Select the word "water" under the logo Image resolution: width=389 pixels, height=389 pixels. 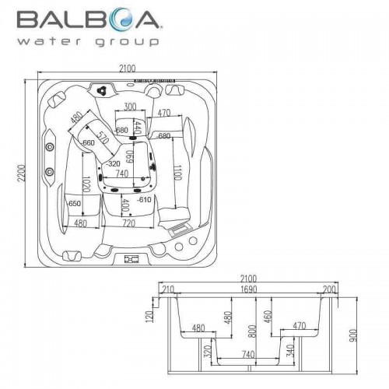pyautogui.click(x=49, y=42)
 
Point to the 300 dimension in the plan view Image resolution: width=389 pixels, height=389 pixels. pyautogui.click(x=130, y=107)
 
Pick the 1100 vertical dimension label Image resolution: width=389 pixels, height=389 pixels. pyautogui.click(x=178, y=173)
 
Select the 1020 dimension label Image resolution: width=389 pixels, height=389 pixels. pyautogui.click(x=86, y=184)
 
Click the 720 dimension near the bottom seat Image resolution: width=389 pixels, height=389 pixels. pyautogui.click(x=129, y=223)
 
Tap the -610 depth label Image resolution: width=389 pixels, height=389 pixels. pyautogui.click(x=144, y=200)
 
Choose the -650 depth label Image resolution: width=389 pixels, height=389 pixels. pyautogui.click(x=74, y=204)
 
